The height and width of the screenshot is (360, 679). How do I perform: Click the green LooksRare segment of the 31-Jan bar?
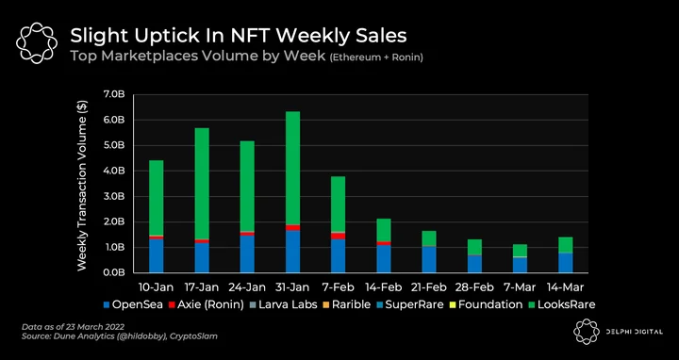pos(292,168)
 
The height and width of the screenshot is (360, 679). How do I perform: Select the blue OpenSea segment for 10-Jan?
pos(156,255)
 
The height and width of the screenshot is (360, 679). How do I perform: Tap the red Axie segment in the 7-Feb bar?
pos(339,236)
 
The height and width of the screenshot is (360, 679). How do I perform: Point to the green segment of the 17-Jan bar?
pos(202,184)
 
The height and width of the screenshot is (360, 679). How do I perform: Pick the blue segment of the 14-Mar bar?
pos(566,263)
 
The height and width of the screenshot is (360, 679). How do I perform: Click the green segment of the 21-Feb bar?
pos(429,238)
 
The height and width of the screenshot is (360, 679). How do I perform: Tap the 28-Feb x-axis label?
pos(474,287)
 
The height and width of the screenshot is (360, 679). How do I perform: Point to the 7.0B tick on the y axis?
pos(114,94)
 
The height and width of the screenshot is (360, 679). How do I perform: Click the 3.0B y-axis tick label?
pos(114,196)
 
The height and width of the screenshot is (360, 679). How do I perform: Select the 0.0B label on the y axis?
pos(114,273)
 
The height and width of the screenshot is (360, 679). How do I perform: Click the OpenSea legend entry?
pos(133,304)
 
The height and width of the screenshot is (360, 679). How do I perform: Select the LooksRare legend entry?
pos(561,304)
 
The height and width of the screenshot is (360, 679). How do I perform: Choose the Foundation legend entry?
pos(487,304)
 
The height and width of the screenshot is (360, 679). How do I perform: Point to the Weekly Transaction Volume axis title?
pos(82,186)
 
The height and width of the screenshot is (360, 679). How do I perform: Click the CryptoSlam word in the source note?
pos(199,336)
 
